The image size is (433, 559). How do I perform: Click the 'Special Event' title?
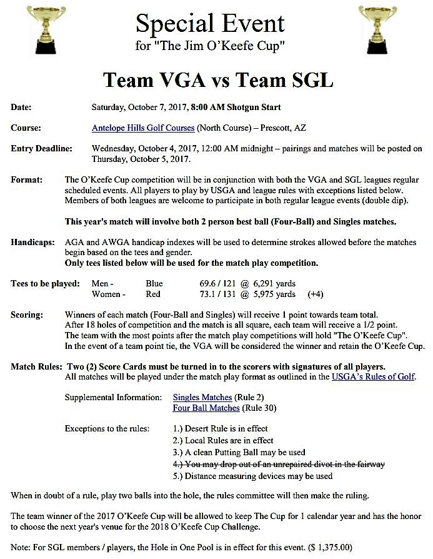[210, 24]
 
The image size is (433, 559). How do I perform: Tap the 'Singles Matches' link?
[202, 397]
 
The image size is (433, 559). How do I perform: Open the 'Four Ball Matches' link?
[206, 408]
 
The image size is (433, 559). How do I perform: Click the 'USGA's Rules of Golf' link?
[373, 376]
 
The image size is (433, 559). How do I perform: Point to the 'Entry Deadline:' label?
[41, 149]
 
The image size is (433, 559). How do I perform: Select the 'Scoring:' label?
[27, 315]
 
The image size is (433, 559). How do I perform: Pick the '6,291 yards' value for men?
[272, 283]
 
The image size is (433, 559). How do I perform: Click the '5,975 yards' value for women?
[273, 294]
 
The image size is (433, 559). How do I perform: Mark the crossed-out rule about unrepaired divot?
[279, 464]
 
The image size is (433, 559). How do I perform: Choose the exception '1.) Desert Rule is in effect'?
[220, 428]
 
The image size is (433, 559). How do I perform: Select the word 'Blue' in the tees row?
[153, 283]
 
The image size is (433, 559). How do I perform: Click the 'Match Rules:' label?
[35, 366]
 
